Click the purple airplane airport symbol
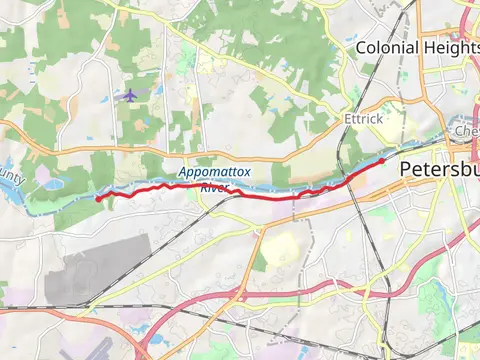129,95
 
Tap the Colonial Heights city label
418,46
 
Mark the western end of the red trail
97,199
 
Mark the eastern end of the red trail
383,160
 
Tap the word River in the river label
214,187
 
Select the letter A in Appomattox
184,173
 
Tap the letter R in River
203,187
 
